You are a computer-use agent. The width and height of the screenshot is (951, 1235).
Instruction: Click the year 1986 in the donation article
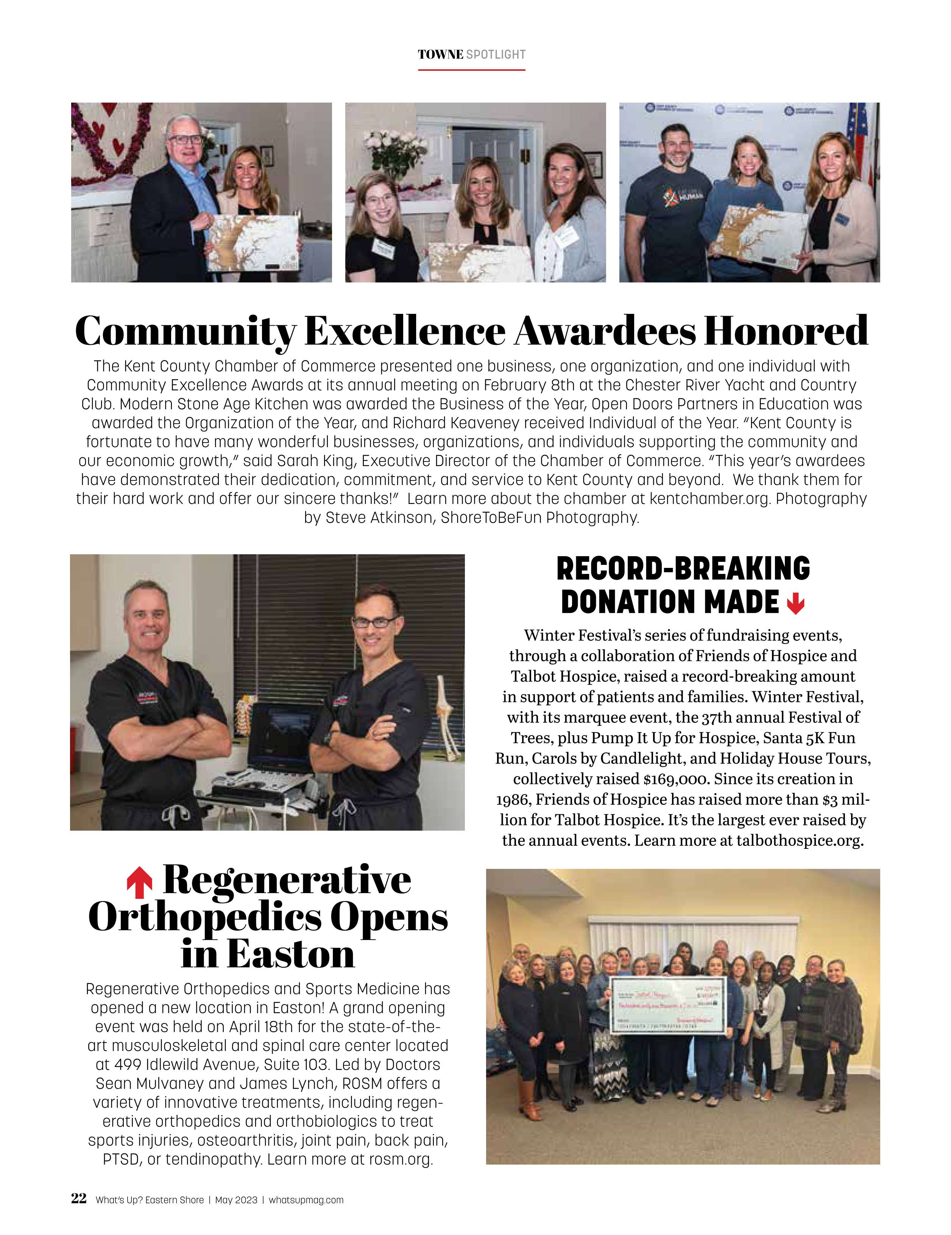click(x=513, y=800)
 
